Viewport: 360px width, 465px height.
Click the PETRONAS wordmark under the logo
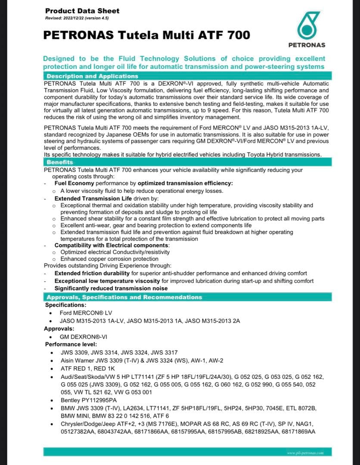point(306,45)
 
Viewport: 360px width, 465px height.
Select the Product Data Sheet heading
point(82,11)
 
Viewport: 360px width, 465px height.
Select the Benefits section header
point(60,162)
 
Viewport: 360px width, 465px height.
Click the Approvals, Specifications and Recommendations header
point(124,298)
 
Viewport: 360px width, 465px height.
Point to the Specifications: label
point(66,305)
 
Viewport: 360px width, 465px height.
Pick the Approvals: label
point(59,329)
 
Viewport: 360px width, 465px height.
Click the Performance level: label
point(71,344)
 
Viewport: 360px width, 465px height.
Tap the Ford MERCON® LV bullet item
point(86,313)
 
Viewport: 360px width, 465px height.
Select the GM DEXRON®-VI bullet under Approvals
point(83,337)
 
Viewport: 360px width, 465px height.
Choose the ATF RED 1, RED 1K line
point(88,369)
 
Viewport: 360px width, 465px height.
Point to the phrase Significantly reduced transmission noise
point(111,288)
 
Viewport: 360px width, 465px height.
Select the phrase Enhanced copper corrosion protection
point(109,259)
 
